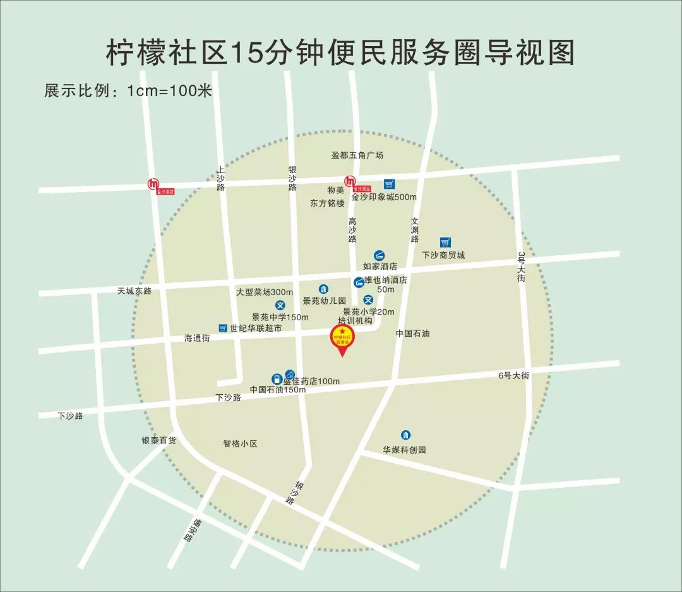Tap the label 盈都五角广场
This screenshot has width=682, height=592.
(x=357, y=155)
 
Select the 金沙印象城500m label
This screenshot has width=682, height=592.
(x=384, y=197)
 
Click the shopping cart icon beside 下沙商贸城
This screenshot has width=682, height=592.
(x=445, y=242)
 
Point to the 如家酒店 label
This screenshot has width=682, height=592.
(x=380, y=267)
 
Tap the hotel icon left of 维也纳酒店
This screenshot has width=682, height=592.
(x=359, y=281)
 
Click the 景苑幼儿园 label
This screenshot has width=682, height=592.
(x=325, y=301)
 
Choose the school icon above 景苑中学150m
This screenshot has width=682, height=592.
(x=280, y=305)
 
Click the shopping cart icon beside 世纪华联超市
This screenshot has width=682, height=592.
(x=222, y=328)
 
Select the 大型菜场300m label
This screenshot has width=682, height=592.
(x=265, y=292)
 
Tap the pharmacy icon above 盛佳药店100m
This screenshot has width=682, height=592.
(x=290, y=374)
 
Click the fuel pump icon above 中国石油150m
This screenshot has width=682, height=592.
(x=276, y=378)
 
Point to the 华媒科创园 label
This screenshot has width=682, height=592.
(x=404, y=450)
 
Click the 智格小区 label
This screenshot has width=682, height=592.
(x=241, y=444)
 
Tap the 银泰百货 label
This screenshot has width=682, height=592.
(x=159, y=440)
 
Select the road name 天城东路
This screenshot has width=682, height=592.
(x=135, y=291)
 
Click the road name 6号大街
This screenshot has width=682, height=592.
(x=513, y=375)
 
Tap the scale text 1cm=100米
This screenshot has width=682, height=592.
(x=169, y=90)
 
